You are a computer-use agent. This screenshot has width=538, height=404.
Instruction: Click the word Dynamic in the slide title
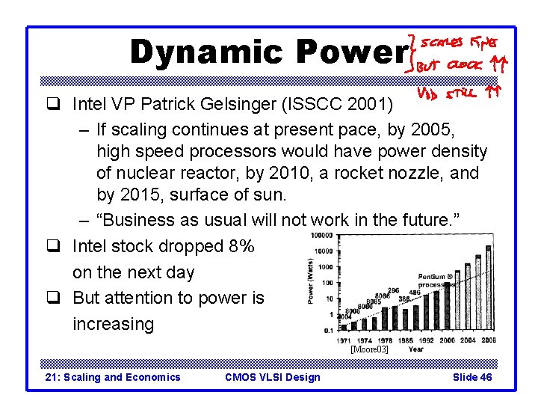207,52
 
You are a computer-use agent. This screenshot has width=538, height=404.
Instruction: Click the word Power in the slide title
350,52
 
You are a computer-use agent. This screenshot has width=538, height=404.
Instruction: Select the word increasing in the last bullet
113,324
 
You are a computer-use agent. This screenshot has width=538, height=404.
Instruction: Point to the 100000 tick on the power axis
323,235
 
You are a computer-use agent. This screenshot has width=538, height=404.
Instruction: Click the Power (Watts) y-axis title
311,281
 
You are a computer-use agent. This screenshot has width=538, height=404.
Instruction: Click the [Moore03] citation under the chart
369,349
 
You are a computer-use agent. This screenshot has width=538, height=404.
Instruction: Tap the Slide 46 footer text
472,377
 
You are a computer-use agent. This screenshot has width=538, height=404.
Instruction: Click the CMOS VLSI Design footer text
272,377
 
